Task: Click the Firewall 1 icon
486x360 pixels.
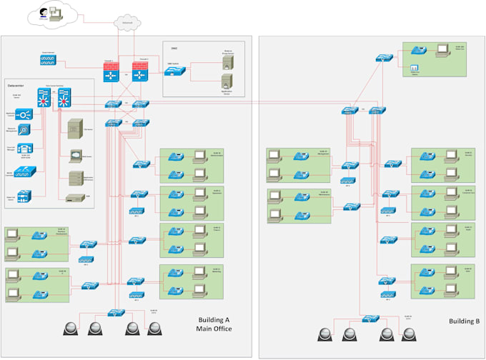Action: pyautogui.click(x=111, y=71)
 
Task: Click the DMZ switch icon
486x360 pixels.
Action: pyautogui.click(x=177, y=71)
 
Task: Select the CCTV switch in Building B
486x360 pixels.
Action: pyautogui.click(x=369, y=319)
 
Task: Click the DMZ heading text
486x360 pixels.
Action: pyautogui.click(x=174, y=48)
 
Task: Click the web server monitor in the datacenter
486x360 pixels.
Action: pyautogui.click(x=75, y=154)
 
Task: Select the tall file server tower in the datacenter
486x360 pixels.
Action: pyautogui.click(x=74, y=129)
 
